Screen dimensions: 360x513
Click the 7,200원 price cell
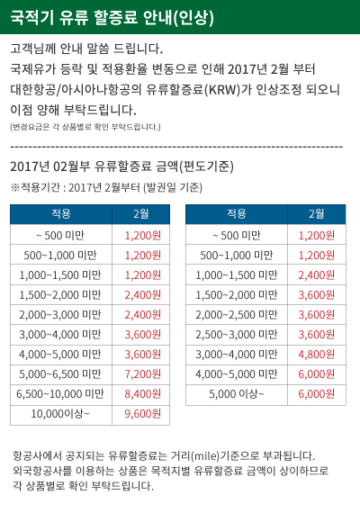[x=143, y=374]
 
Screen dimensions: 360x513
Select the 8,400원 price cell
[x=143, y=394]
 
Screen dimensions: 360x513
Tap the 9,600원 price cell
[x=143, y=414]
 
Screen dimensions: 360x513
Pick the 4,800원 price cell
[x=317, y=355]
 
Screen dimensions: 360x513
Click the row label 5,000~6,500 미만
[x=60, y=374]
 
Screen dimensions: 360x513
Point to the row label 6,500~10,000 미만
[x=60, y=394]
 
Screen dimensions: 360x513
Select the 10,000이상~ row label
[x=60, y=414]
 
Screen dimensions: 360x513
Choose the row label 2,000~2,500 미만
[x=237, y=315]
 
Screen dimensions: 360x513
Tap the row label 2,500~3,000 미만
[x=237, y=335]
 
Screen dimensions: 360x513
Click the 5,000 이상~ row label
[x=237, y=394]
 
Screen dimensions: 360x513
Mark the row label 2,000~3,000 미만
[x=60, y=315]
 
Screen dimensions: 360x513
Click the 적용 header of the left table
[x=61, y=214]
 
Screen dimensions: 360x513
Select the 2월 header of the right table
[x=317, y=214]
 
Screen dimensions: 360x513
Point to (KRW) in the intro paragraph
[x=222, y=89]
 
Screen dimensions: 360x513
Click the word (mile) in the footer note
[x=205, y=455]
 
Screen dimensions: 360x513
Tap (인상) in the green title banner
[x=193, y=17]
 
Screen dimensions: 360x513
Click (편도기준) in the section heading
[x=206, y=166]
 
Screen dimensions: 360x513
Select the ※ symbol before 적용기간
[x=15, y=187]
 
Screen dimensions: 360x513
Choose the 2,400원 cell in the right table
[x=317, y=275]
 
